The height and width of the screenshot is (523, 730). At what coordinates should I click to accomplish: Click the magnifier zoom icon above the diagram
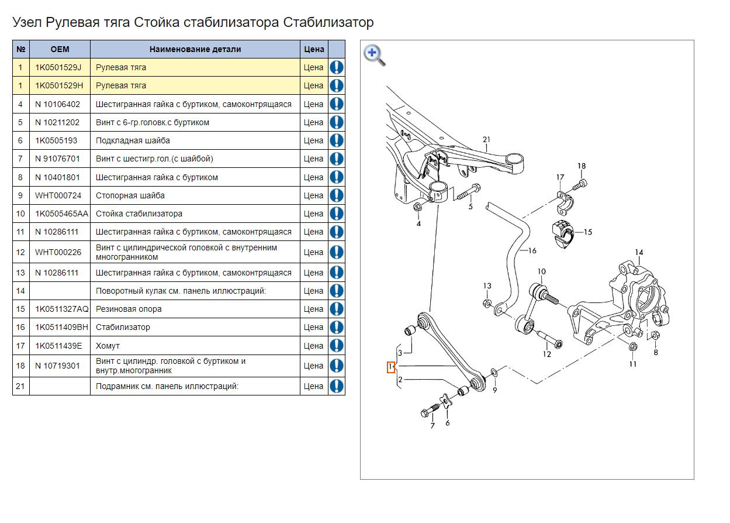tap(374, 54)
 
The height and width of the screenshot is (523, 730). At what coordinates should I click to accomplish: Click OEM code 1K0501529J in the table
tap(58, 67)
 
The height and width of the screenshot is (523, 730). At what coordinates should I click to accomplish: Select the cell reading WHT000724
tap(58, 195)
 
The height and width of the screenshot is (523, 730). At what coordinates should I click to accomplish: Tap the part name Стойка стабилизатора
tap(139, 214)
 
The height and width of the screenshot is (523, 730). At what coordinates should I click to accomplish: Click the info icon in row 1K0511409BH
tap(337, 327)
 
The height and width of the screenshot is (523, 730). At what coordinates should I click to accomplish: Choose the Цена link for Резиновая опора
tap(313, 309)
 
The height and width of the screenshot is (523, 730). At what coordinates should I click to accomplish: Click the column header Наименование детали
tap(195, 49)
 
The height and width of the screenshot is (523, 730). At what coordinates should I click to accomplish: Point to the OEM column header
tap(60, 49)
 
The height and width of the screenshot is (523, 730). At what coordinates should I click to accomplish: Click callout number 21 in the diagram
tap(486, 139)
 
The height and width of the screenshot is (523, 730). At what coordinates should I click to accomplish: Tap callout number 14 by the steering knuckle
tap(639, 253)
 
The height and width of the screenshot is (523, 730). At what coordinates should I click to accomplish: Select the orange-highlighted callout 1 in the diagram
tap(391, 367)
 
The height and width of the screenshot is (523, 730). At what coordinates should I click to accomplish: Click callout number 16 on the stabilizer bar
tap(532, 250)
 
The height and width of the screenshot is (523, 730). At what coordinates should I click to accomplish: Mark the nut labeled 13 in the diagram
tap(486, 302)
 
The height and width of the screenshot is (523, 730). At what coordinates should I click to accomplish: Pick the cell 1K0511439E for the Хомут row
tap(58, 346)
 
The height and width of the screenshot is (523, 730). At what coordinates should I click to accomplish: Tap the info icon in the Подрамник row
tap(337, 386)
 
